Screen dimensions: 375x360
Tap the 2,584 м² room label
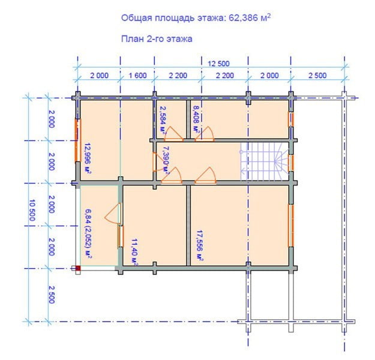pos(163,119)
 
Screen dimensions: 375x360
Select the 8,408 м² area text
pos(196,119)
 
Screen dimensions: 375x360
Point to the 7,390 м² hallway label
pos(166,159)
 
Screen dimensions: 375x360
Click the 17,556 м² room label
pos(200,245)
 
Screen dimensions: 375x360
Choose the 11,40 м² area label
pos(134,251)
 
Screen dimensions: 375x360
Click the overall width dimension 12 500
pos(218,64)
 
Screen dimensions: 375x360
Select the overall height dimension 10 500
pos(32,210)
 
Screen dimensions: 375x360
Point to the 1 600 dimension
pos(138,76)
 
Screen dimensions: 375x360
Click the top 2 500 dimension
pos(317,76)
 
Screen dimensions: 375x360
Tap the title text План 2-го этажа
pos(157,39)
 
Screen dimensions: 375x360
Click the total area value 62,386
pos(244,18)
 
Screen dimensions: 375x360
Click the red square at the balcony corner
pos(78,268)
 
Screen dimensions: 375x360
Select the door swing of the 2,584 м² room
pos(173,133)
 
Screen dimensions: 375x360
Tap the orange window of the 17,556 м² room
pos(291,226)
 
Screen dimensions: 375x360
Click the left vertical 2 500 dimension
pos(52,295)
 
